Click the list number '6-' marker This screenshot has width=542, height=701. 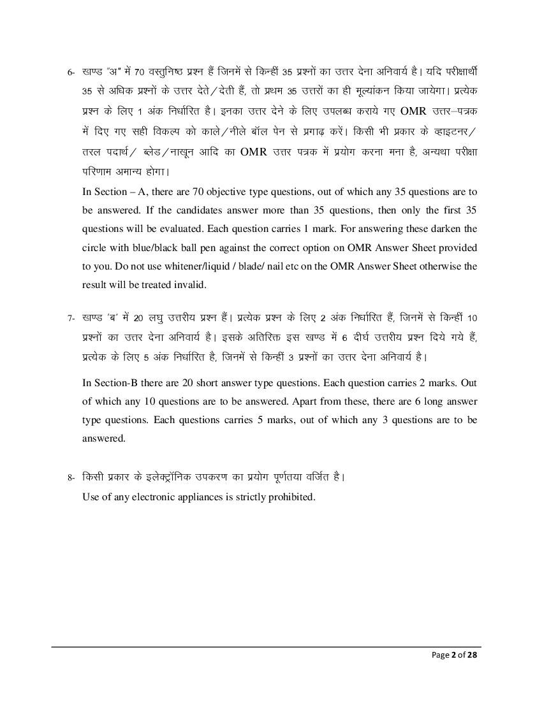[x=71, y=71]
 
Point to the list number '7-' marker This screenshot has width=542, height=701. [x=71, y=318]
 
